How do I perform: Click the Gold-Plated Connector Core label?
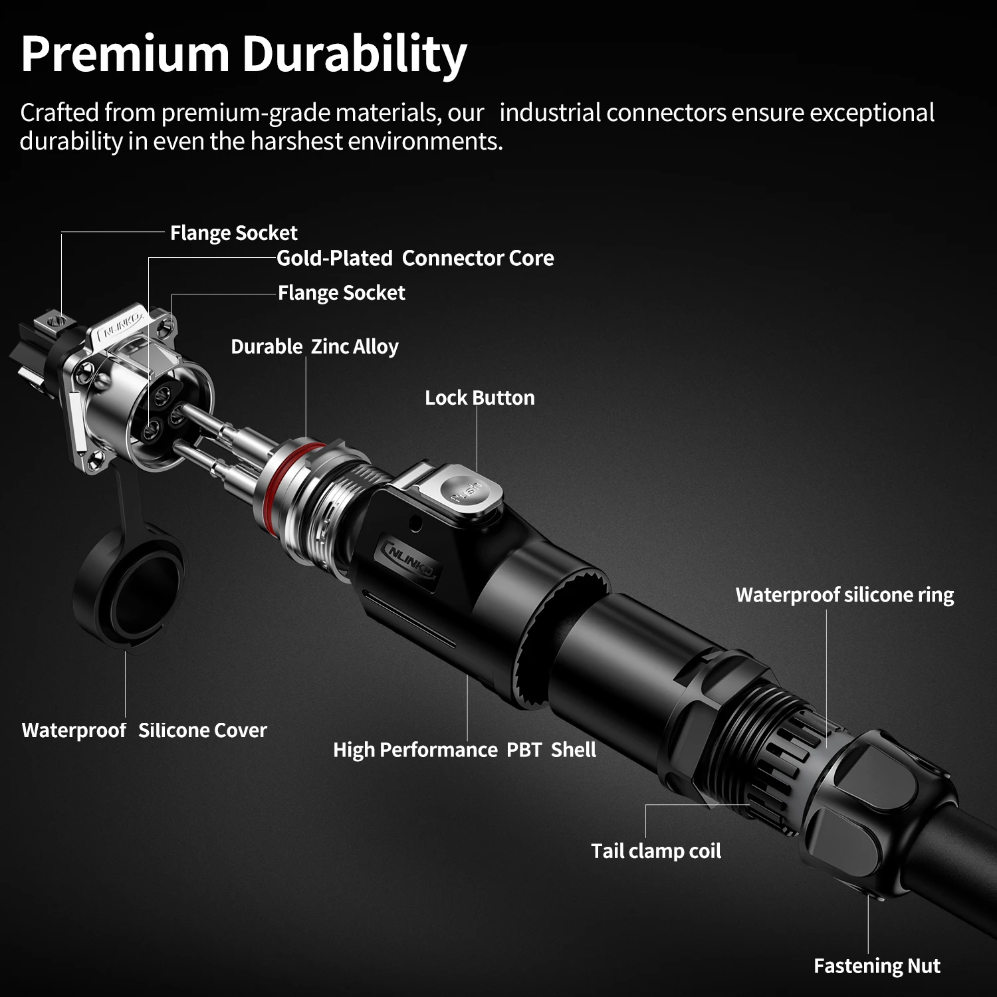click(415, 258)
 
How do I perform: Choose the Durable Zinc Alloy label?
click(314, 346)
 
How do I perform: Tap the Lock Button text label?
click(479, 397)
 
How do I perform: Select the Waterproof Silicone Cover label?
click(144, 730)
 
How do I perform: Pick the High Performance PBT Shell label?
click(464, 750)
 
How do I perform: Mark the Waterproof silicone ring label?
click(844, 594)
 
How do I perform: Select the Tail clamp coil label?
click(656, 851)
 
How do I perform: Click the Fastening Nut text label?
click(877, 966)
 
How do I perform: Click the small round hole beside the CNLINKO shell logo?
click(417, 523)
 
